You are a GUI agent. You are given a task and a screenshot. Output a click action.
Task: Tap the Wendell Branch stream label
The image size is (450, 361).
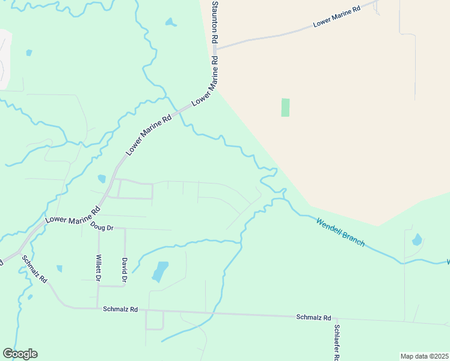(341, 231)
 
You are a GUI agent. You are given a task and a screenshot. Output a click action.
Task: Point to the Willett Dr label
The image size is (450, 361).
(98, 268)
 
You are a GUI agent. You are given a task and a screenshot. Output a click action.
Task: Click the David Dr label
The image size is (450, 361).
(125, 271)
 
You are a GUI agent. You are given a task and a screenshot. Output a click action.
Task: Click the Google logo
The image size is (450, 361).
(20, 354)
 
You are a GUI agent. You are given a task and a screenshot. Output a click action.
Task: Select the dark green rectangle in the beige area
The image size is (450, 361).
(285, 107)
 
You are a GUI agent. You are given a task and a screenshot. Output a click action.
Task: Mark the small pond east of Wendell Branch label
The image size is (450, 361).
(417, 240)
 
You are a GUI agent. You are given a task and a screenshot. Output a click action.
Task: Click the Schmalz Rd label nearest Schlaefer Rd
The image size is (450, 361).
(313, 317)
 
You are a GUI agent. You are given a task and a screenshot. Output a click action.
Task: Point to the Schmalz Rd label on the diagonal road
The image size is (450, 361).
(34, 270)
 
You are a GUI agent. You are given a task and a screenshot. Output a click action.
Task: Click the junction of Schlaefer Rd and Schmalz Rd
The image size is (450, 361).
(336, 318)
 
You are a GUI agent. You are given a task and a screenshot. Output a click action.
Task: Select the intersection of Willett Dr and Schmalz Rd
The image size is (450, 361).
(98, 308)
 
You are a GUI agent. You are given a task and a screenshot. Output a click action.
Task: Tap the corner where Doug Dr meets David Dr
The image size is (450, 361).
(125, 229)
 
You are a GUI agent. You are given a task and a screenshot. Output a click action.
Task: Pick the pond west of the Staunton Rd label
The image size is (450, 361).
(171, 23)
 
